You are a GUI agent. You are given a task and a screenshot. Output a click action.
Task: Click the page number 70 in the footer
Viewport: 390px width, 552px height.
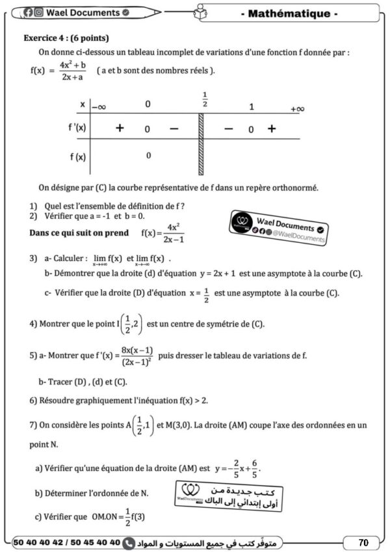pos(363,542)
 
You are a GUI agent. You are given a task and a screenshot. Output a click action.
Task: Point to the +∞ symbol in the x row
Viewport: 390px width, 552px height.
pos(297,108)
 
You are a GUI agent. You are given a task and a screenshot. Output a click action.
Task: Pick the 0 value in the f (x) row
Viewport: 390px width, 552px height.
pos(148,155)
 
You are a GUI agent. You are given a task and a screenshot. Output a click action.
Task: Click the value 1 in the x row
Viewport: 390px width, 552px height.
pos(252,107)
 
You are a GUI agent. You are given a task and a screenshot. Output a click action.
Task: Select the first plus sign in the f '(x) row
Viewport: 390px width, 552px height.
pos(120,129)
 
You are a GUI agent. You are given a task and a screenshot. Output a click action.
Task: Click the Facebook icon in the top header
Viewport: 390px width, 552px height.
pos(28,12)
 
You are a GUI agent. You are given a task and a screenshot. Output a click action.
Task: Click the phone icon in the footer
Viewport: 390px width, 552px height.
pos(129,542)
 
